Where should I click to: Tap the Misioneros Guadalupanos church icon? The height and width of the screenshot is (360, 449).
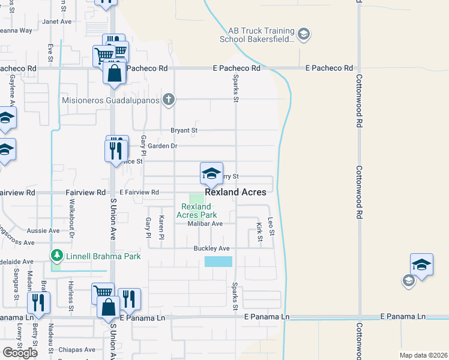tap(169, 100)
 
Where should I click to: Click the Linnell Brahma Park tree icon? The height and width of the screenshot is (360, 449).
tap(57, 256)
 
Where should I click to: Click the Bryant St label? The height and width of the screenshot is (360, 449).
tap(184, 130)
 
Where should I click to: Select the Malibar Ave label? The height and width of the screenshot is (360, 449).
tap(205, 224)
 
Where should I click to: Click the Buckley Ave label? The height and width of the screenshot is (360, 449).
tap(212, 248)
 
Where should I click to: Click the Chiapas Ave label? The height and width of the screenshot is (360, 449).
tap(77, 350)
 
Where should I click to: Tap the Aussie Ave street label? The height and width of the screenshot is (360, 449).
tap(43, 230)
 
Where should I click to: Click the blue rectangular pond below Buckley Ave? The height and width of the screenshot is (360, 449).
tap(218, 262)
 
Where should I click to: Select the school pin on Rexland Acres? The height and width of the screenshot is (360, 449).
tap(211, 173)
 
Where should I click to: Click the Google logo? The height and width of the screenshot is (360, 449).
tap(20, 353)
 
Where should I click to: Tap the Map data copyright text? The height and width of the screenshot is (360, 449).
tap(423, 355)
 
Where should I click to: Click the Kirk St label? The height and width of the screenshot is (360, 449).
tap(260, 233)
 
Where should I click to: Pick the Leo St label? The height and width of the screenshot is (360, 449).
tap(271, 227)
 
